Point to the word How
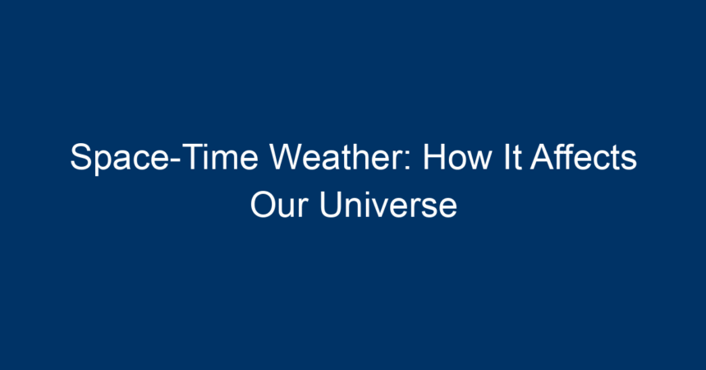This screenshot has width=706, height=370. (456, 156)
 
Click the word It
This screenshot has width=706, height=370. (512, 156)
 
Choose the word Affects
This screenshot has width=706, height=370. (584, 156)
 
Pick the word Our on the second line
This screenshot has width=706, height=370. (279, 205)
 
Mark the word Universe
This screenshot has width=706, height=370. (388, 205)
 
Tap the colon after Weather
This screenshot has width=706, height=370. (407, 160)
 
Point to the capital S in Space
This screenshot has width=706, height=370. (81, 156)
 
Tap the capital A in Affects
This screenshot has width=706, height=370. (543, 156)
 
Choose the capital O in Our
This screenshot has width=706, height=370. (264, 205)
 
